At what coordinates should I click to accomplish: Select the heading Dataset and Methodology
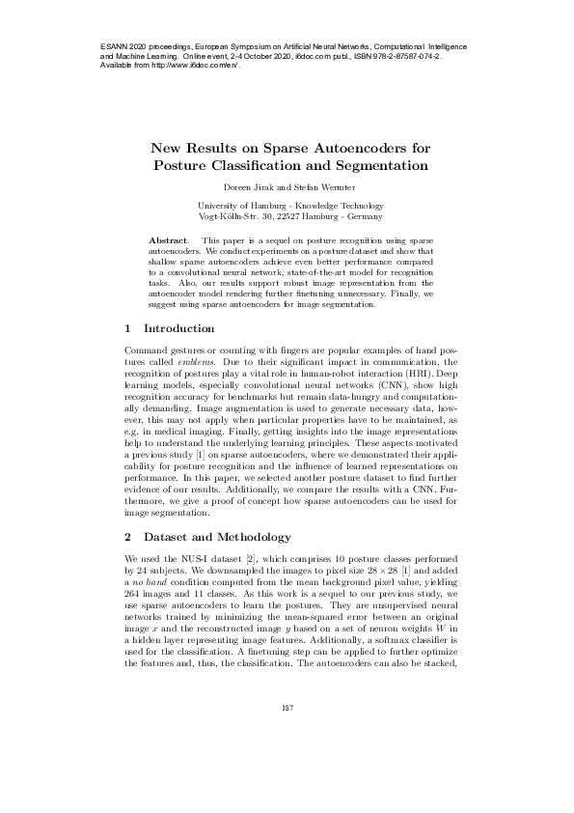(217, 535)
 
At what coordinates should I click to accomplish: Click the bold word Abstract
(170, 238)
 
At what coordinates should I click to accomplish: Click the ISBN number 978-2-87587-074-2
(396, 57)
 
